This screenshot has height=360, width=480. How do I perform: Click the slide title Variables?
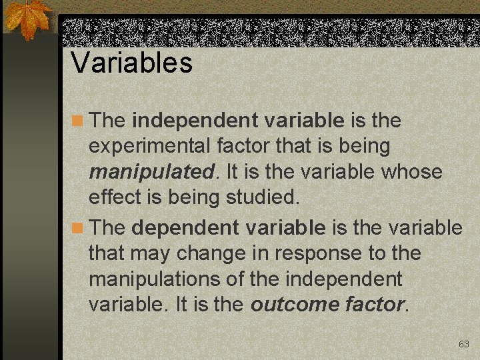click(x=131, y=63)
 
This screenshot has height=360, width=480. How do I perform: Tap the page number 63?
click(x=464, y=344)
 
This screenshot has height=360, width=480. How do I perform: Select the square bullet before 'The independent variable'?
click(x=78, y=121)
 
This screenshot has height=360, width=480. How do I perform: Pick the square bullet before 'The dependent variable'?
click(x=78, y=228)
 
